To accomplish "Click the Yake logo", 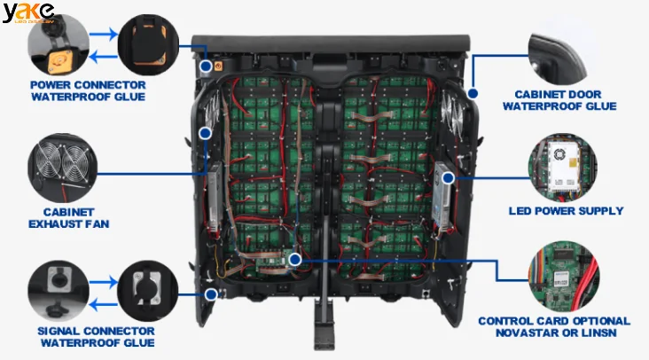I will coord(27,12).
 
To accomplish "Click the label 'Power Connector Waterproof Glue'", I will coord(87,90).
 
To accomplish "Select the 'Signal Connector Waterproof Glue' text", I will coord(87,336).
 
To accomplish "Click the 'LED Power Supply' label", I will coord(566,211).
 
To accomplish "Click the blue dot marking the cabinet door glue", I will coord(473,92).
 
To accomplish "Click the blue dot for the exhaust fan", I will coord(205,133).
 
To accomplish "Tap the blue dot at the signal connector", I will coord(210,293).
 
